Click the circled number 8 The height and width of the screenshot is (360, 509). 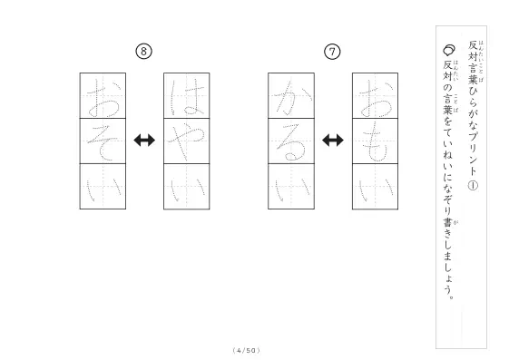point(143,52)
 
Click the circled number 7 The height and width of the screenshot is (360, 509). point(332,52)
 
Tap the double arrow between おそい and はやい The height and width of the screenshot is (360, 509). point(144,141)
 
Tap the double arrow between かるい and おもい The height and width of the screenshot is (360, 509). point(333,141)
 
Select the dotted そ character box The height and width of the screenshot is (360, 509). point(103,141)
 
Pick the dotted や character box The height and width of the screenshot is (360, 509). point(187,141)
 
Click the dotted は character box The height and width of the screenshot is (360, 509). point(187,96)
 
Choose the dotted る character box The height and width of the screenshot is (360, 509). point(291,141)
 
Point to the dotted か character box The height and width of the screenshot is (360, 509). point(291,96)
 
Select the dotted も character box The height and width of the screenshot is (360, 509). point(376,141)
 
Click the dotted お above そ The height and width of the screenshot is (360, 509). point(103,96)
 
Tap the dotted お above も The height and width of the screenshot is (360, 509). point(376,96)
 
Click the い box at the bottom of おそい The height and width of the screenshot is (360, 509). point(103,187)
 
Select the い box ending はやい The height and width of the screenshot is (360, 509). point(187,187)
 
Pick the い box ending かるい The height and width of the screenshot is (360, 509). point(291,187)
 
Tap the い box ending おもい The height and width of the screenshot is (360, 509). point(376,187)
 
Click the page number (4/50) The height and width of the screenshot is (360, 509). point(247,350)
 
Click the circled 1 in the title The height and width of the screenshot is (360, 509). point(473,186)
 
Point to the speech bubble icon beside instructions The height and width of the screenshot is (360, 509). point(449,50)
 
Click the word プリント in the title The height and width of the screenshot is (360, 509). point(473,153)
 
